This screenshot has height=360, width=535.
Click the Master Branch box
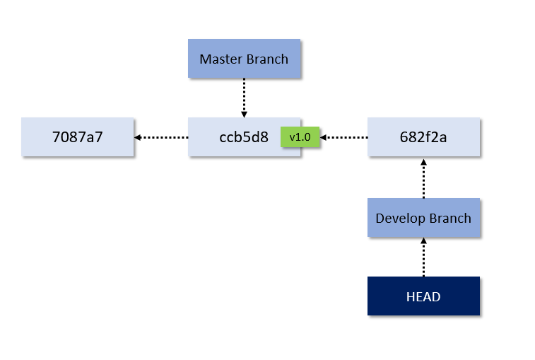(244, 59)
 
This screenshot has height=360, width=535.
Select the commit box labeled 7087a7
(78, 137)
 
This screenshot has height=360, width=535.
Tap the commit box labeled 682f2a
(423, 137)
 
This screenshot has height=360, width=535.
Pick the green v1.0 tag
(300, 137)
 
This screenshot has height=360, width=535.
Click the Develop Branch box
(423, 218)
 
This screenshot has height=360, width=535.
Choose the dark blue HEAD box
(423, 296)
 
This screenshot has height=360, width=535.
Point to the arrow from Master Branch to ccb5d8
(244, 98)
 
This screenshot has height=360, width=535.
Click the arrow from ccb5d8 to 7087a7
(161, 137)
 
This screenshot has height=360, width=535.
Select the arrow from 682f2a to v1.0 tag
(344, 137)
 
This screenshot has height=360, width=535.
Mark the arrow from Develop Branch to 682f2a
(423, 178)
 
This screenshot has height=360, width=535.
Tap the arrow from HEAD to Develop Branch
(423, 257)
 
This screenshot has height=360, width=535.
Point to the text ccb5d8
(244, 137)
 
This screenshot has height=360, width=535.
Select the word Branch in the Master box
(267, 59)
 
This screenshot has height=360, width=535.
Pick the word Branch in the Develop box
(450, 218)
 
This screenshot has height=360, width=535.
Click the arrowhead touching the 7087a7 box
(138, 137)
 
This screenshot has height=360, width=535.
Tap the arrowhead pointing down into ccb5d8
(244, 114)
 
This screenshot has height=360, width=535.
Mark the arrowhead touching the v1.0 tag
(324, 137)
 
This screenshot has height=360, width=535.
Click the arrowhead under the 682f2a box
(423, 162)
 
